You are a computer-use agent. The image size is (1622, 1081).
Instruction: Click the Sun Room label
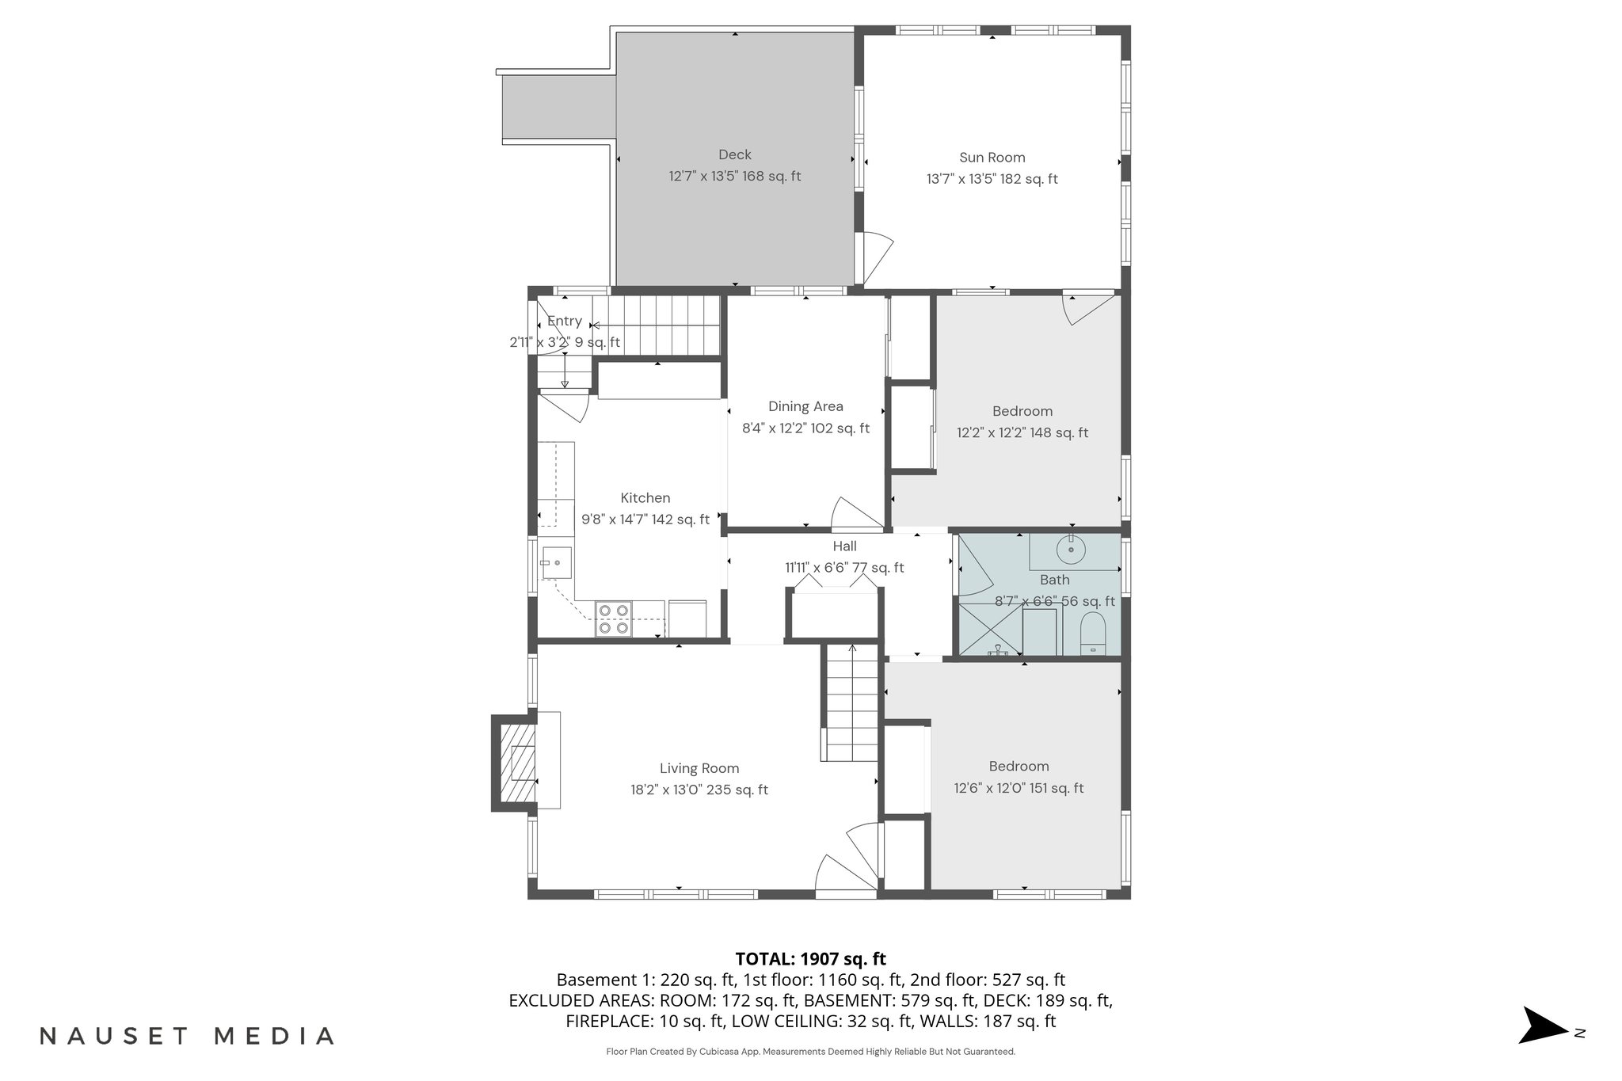(x=992, y=158)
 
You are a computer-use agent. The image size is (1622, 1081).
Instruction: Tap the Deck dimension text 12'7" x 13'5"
(x=703, y=177)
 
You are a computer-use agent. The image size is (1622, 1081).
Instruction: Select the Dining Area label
(x=805, y=406)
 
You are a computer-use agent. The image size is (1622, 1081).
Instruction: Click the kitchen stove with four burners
(x=613, y=619)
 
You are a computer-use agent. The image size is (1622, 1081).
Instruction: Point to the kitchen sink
(x=557, y=563)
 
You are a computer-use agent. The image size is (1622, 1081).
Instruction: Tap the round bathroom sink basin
(x=1071, y=548)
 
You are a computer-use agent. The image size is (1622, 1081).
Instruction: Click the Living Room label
(x=699, y=768)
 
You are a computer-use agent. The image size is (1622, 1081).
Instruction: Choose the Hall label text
(x=844, y=546)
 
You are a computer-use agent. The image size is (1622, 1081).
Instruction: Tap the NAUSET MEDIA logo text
(x=187, y=1036)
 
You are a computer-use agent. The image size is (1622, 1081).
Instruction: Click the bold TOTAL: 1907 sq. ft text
(x=810, y=959)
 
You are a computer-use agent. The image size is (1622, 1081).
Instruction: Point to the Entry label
(x=565, y=321)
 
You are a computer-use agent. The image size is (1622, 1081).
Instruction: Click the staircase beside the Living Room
(x=851, y=705)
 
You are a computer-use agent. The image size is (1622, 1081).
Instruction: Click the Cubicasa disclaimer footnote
(x=810, y=1052)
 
